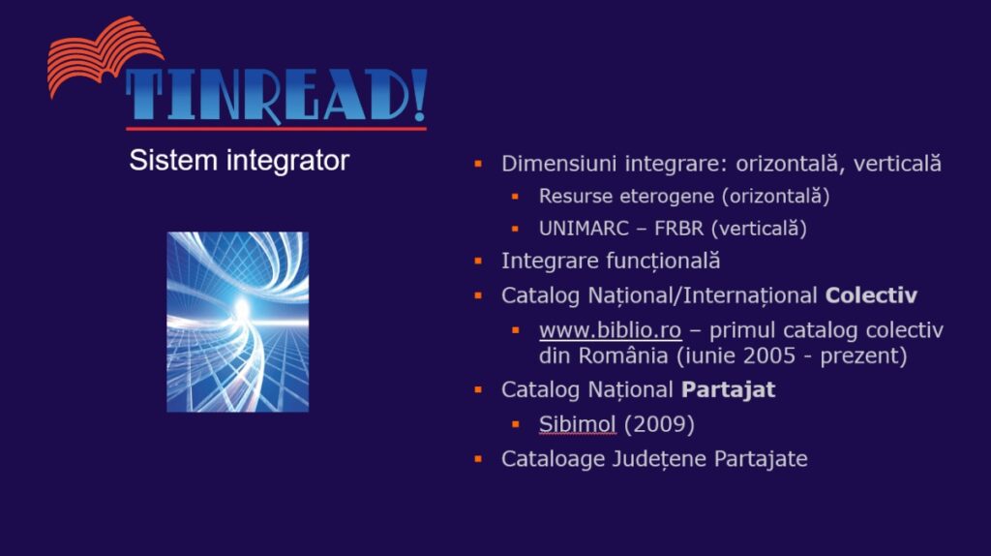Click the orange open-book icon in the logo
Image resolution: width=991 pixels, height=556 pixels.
tap(105, 55)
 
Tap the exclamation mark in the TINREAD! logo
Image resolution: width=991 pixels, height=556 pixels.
tap(420, 95)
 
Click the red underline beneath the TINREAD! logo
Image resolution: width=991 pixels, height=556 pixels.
tap(276, 129)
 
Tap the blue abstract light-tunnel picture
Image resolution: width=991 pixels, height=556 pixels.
tap(238, 322)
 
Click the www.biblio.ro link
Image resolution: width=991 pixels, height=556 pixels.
tap(610, 330)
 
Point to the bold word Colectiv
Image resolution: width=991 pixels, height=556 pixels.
tap(871, 295)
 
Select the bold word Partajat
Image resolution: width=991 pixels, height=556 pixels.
tap(728, 389)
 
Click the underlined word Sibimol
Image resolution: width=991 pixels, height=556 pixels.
tap(577, 424)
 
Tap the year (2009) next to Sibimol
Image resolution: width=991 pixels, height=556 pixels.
tap(659, 424)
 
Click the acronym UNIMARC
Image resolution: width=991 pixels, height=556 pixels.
tap(584, 229)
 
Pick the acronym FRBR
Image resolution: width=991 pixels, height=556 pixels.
tap(678, 229)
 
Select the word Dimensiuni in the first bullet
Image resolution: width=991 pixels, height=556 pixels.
tap(558, 163)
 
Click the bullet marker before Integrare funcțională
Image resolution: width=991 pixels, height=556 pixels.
tap(478, 261)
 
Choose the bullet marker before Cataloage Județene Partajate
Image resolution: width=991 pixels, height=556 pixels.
tap(478, 458)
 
